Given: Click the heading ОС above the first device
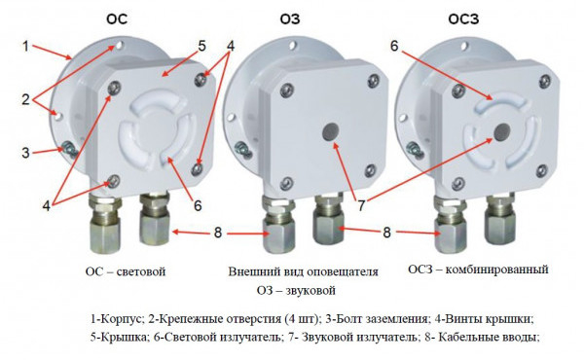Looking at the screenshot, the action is pos(117,18).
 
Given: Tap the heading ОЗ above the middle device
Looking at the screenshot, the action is pos(290,18).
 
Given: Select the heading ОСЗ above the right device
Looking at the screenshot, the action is pos(463,18).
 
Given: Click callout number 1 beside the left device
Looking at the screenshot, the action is pos(25,47).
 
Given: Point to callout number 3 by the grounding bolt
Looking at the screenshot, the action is pos(25,153).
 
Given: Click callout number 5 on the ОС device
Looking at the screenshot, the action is pos(201,47).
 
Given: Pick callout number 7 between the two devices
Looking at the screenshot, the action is pos(361,205).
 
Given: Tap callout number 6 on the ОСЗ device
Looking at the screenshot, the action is pos(394,46).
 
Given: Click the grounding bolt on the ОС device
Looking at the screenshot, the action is pos(69,148).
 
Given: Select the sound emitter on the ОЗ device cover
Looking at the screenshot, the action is pos(330,131).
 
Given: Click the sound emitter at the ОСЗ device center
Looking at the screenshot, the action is pos(502,131).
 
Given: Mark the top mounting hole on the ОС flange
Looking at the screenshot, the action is pos(119,46).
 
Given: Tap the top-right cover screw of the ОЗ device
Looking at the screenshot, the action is pos(374,81).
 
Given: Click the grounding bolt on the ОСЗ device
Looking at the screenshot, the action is pos(414,148).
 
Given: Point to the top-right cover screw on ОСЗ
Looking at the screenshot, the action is pos(545,81).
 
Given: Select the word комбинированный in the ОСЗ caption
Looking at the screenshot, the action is pos(496,270).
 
